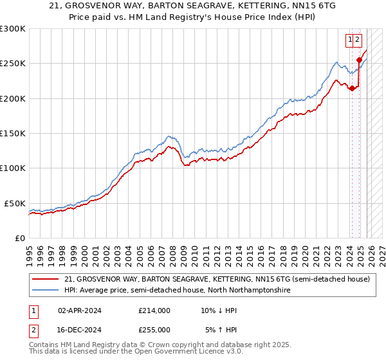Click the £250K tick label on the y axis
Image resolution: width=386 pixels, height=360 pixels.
click(13, 64)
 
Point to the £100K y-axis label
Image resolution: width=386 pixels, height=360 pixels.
click(13, 168)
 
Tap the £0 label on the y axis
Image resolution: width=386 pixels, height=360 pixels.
click(19, 238)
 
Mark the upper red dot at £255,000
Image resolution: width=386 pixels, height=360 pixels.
click(359, 60)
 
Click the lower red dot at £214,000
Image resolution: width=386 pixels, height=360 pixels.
click(352, 89)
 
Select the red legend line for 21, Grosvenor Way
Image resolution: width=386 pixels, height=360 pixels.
click(46, 280)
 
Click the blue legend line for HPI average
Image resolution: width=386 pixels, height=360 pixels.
click(46, 291)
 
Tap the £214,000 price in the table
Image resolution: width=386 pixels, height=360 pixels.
click(154, 310)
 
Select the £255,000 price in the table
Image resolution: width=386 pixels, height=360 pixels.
click(154, 329)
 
